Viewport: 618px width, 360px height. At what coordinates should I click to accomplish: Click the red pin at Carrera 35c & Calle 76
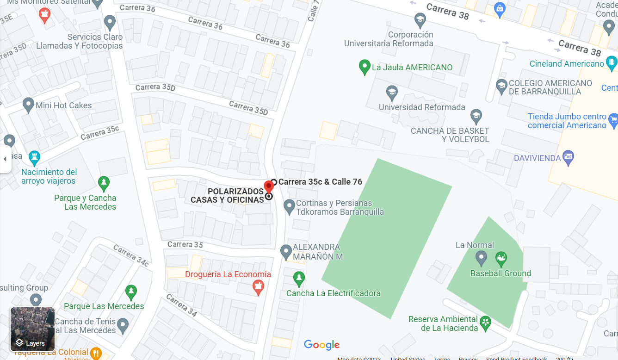268,187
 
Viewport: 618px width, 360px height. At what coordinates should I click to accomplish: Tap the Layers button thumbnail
32,329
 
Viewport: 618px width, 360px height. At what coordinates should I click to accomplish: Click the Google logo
321,345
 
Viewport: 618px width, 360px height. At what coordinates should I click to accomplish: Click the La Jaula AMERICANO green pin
365,67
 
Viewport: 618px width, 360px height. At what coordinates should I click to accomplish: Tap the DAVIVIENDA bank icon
569,157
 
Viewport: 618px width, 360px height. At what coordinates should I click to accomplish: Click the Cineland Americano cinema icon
612,62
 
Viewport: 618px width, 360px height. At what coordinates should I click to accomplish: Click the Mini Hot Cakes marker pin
28,105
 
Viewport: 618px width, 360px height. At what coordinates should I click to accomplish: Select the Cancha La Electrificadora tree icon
299,279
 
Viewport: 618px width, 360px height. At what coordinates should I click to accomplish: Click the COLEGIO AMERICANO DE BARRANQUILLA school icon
501,86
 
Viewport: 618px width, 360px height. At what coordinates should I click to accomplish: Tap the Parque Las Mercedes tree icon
131,292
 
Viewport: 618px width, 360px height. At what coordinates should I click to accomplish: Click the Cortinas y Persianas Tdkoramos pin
289,206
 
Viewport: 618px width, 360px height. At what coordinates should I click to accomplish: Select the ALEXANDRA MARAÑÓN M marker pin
286,251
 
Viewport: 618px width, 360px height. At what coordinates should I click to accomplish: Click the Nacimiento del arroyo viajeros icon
34,157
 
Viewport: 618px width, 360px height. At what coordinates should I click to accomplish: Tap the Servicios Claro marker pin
110,22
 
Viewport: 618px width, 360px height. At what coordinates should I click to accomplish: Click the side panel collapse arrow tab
5,159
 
